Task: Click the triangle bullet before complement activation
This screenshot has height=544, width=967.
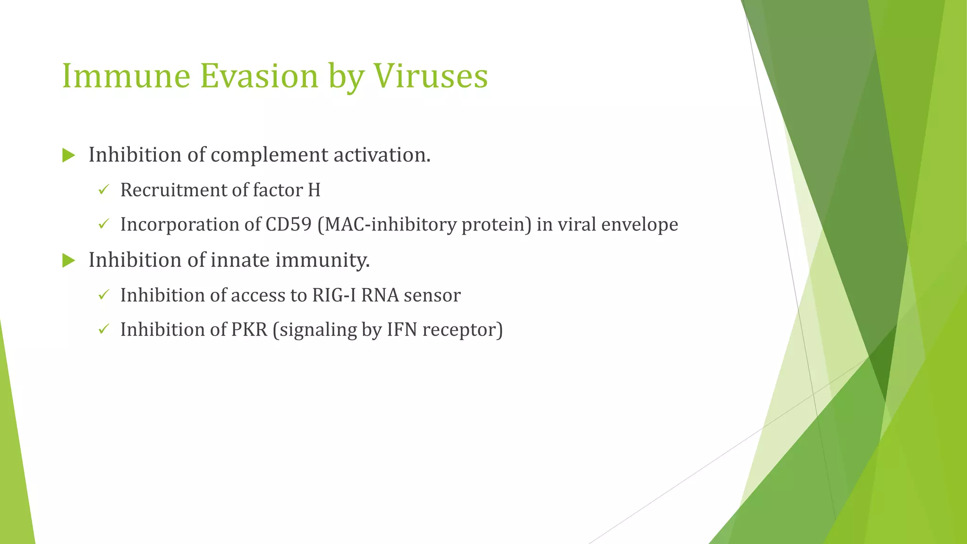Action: (x=68, y=155)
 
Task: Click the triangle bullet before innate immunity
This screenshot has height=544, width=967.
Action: (x=68, y=260)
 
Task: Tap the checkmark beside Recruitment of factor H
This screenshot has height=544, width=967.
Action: (x=103, y=190)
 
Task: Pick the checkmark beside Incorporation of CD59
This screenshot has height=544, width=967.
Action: (x=103, y=224)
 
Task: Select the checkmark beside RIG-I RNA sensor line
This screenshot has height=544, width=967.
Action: (x=103, y=295)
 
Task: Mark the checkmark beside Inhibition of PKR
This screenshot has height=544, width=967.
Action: (x=103, y=329)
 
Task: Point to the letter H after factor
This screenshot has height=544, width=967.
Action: (x=314, y=190)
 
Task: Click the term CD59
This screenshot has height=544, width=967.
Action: (x=288, y=224)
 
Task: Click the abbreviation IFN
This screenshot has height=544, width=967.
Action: (x=402, y=330)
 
